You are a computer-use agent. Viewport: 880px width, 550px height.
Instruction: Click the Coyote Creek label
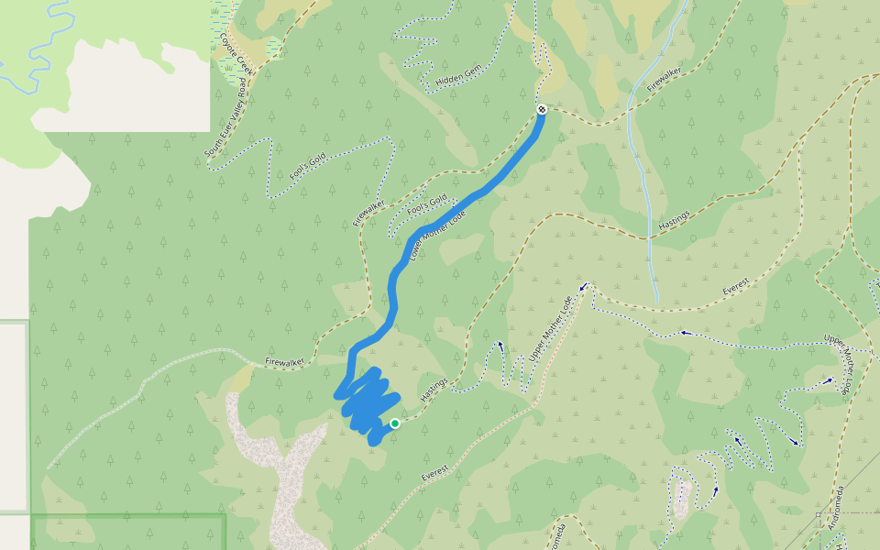(237, 56)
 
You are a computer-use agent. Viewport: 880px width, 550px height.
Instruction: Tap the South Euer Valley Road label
(225, 120)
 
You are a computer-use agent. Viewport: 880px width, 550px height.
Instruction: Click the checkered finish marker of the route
(542, 110)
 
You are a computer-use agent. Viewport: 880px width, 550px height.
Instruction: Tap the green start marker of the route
(395, 423)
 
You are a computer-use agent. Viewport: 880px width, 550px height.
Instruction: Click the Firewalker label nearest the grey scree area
(284, 363)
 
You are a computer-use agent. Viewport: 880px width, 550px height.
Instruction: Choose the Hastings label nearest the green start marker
(433, 390)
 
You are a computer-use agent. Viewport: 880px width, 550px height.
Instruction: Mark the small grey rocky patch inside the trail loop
(682, 498)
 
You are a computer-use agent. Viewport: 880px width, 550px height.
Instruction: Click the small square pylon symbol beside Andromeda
(818, 516)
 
